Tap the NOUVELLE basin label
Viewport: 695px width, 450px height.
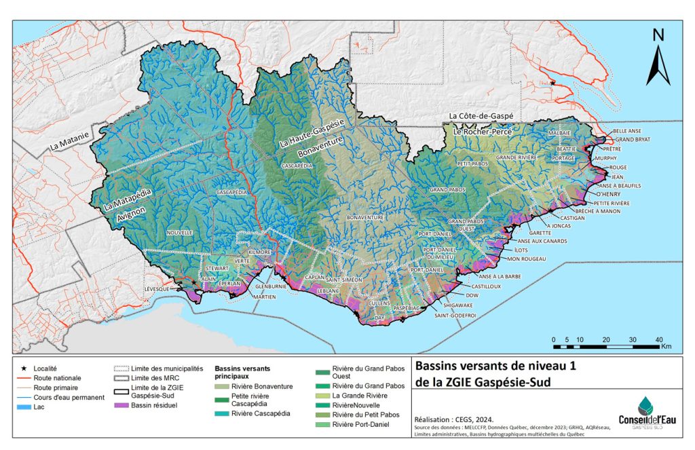point(179,232)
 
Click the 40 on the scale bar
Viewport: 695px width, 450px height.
point(659,339)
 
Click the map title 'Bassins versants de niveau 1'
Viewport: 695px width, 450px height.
point(495,367)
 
